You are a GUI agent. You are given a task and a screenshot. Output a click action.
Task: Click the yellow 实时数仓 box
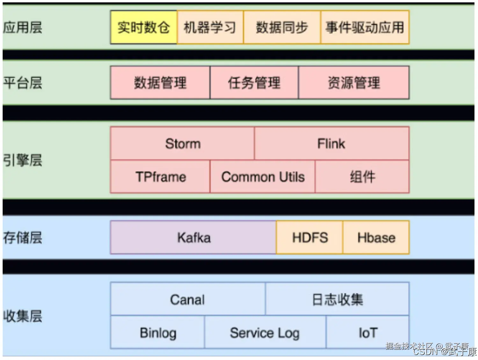tap(144, 27)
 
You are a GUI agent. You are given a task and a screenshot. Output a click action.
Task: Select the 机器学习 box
tap(210, 27)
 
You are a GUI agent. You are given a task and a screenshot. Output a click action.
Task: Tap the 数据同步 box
tap(282, 27)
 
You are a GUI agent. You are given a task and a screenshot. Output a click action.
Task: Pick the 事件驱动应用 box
tap(365, 27)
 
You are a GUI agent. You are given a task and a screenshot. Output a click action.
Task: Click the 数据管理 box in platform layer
tap(160, 83)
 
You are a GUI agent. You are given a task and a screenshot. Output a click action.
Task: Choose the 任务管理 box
tap(254, 83)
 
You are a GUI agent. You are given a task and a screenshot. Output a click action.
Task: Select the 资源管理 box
tap(354, 83)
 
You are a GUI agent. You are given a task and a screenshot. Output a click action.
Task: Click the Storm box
tap(183, 144)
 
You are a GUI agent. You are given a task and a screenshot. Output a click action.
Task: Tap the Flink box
tap(331, 144)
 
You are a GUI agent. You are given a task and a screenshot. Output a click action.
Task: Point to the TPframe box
tap(160, 177)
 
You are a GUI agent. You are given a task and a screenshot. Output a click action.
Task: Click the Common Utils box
tap(263, 177)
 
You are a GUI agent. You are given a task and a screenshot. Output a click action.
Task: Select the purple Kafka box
tap(193, 238)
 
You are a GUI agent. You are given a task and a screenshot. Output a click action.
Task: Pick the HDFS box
tap(310, 238)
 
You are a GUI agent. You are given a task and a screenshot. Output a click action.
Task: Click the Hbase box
tap(376, 238)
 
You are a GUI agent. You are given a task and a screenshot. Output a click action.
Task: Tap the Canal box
tap(187, 299)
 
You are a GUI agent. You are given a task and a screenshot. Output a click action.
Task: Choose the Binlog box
tap(158, 333)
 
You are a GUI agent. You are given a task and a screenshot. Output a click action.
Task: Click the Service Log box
tap(265, 333)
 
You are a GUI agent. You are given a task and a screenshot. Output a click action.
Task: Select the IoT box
tap(368, 333)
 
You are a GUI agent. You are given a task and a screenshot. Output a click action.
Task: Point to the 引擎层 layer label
tap(23, 160)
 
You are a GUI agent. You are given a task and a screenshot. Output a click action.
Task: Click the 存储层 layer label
tap(23, 238)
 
